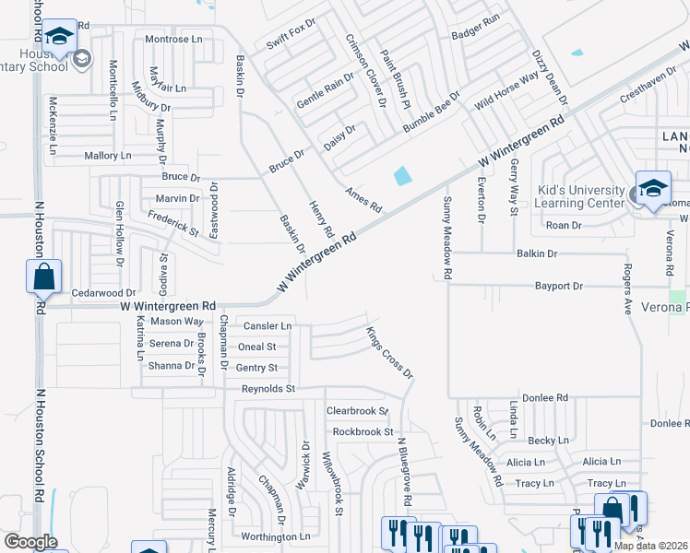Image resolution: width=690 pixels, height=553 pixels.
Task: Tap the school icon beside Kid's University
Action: click(653, 189)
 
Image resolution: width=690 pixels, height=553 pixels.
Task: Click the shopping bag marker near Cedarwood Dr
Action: click(44, 276)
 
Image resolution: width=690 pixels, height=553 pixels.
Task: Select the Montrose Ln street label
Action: click(173, 40)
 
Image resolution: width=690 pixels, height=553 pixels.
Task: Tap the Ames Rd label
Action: click(363, 200)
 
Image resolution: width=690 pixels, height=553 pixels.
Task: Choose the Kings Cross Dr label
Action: click(389, 352)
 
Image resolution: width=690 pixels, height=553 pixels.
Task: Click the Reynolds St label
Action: click(268, 389)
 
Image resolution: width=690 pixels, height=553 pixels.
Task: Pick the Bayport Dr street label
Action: click(559, 287)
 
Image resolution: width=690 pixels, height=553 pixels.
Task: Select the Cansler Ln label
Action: click(268, 326)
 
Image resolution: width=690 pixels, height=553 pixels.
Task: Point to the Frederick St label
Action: click(172, 222)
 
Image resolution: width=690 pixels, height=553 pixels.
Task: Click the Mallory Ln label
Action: click(108, 156)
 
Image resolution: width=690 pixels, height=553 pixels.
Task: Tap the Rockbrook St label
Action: click(363, 431)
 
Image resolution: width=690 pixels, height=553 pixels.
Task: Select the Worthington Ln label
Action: click(275, 536)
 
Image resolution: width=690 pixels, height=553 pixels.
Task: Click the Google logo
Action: click(30, 542)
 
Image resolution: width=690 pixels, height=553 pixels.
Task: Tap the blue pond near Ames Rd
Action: click(402, 174)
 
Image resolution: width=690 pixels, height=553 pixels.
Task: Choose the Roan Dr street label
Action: click(564, 225)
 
